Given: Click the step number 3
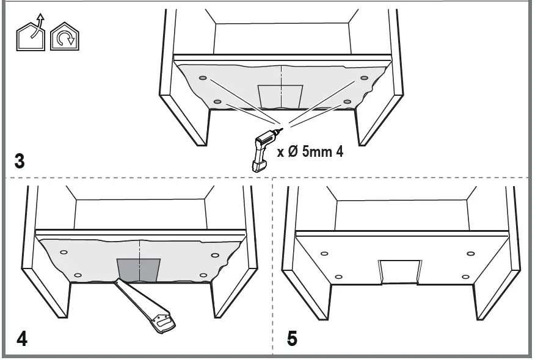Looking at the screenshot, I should point(20,162).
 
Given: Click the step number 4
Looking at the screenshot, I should point(21,339).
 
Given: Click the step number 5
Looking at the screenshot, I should point(292,338).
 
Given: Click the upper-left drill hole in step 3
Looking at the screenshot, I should point(203,78).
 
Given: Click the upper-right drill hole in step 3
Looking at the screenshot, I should point(364,78).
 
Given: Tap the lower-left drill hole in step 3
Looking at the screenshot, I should point(217,101).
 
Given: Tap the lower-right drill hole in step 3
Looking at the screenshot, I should point(347,101).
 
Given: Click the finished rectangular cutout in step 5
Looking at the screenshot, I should point(400,272).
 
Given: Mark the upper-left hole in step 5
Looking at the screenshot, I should point(324,254).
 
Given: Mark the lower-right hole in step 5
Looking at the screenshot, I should point(465,277).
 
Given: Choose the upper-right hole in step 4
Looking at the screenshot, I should point(214,254).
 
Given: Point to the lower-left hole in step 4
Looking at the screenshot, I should point(78,276).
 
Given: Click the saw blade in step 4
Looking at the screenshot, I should point(128,293).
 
